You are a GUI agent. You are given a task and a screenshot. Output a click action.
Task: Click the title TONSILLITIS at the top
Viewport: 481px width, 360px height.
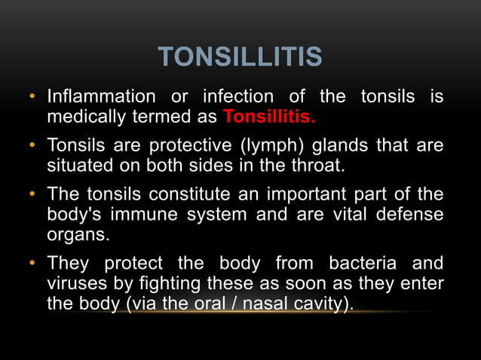point(240,57)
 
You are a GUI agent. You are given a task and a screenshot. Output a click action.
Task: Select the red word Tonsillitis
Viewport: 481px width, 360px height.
point(269,118)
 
